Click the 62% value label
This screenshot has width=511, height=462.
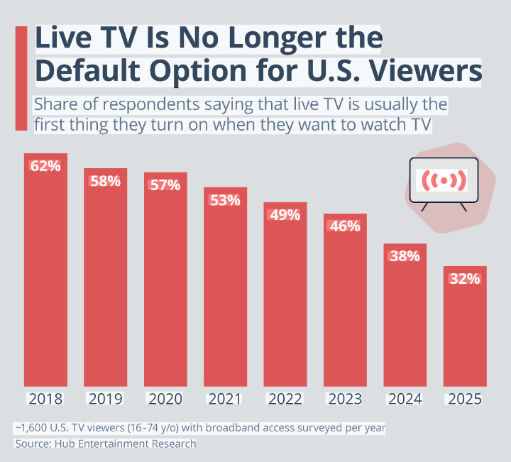[45, 166]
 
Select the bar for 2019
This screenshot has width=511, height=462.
[106, 284]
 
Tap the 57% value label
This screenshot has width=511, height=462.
[165, 185]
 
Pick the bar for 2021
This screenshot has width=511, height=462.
[225, 291]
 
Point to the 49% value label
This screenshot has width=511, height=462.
[285, 215]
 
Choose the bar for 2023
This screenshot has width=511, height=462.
[345, 305]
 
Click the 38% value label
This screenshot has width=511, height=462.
[405, 256]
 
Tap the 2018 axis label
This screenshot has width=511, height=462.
[45, 399]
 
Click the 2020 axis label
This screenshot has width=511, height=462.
[165, 399]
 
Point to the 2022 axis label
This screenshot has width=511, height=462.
[285, 399]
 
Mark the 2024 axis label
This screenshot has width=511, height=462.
[405, 399]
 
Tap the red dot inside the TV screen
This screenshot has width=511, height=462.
[444, 180]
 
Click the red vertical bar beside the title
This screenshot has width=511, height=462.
[21, 78]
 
